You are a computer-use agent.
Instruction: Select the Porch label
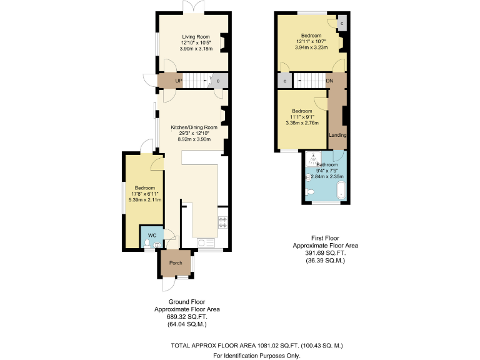(176, 262)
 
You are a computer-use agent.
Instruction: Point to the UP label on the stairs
(179, 81)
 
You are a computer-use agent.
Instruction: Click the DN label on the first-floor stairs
(329, 81)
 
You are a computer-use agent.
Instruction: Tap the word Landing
(337, 135)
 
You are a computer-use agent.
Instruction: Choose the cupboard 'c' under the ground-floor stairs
(218, 81)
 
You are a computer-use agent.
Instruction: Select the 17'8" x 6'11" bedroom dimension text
(144, 194)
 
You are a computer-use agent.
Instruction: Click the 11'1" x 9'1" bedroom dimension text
(301, 117)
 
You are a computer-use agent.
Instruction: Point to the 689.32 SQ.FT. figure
(187, 317)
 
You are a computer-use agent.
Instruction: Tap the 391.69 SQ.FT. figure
(325, 253)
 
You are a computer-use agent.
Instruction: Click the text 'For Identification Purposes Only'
(256, 355)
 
